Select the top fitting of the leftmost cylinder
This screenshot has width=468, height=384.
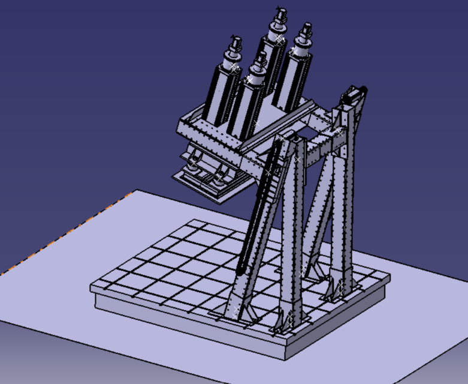coord(234,44)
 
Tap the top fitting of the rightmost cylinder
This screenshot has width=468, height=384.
coord(305,30)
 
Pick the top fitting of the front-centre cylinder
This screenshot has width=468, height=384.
coord(261,59)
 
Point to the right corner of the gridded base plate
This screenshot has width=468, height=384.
coord(388,276)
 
